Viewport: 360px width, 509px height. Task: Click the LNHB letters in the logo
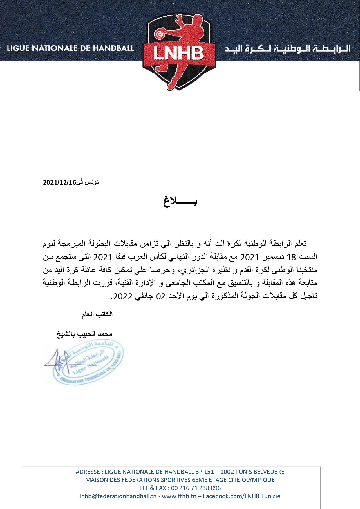coord(179,53)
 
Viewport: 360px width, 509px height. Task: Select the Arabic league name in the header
coord(287,48)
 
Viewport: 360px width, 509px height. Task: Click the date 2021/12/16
coord(59,182)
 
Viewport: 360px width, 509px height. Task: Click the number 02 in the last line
coord(161,296)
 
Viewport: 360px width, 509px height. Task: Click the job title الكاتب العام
coord(97,314)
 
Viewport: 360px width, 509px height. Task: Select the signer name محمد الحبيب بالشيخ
coord(84,334)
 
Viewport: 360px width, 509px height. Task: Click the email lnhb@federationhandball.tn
coord(118,496)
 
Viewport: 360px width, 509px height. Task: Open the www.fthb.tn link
coord(179,496)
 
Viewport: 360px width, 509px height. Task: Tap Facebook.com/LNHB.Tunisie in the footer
coord(241,496)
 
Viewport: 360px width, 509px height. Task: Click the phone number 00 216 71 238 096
coord(196,488)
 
